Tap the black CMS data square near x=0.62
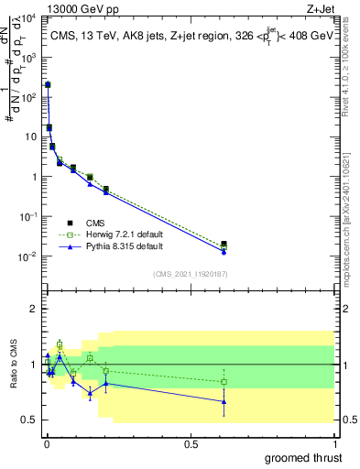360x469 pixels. point(224,244)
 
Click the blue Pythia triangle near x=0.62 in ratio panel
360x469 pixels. point(224,401)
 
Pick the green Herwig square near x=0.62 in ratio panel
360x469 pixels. point(224,382)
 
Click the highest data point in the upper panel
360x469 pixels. point(48,84)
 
